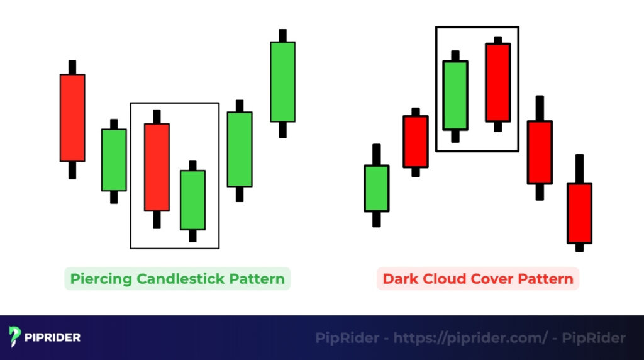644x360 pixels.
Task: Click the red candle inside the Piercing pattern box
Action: [157, 167]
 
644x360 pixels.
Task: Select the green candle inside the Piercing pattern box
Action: [192, 200]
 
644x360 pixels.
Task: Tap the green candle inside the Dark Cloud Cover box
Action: [455, 95]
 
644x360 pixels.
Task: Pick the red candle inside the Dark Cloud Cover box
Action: [497, 82]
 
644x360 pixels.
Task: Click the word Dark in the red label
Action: [397, 278]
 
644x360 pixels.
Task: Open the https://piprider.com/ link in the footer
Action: [470, 338]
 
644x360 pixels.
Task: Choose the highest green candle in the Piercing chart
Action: [282, 81]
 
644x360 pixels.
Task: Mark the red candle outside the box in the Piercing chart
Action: [72, 118]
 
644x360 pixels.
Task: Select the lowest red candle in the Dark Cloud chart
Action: [579, 213]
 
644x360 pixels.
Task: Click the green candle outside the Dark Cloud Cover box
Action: [377, 188]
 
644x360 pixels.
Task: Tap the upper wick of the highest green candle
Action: [282, 35]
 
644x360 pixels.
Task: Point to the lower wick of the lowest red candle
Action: [579, 247]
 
